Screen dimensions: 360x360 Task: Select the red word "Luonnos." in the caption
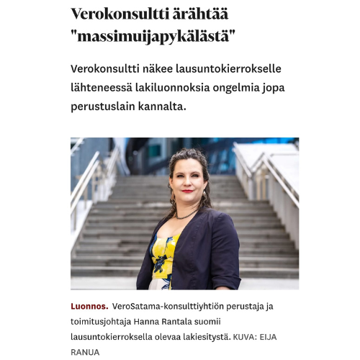point(89,305)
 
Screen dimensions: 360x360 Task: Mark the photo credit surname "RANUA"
point(84,352)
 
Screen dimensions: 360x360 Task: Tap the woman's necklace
point(186,215)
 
